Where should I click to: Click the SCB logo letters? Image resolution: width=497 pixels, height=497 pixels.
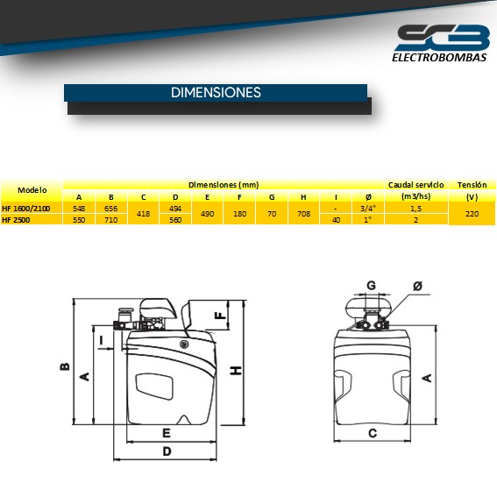(442, 38)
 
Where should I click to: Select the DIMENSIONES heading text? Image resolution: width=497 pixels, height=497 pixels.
(216, 92)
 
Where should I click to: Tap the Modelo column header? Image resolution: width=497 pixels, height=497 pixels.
(32, 189)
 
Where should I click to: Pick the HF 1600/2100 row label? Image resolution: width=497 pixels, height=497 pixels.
(26, 209)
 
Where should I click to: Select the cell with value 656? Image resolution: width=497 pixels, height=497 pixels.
(110, 209)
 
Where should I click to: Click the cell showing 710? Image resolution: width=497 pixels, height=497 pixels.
(110, 220)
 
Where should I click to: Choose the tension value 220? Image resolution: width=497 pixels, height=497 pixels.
(472, 214)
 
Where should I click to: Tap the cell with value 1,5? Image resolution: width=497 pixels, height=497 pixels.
(415, 209)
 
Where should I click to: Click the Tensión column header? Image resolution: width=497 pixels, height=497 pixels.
(472, 185)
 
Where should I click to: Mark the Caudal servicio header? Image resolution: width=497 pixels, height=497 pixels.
(415, 185)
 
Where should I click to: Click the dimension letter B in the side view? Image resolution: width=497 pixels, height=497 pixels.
(64, 367)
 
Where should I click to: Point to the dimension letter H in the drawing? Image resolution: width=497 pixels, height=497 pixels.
(236, 372)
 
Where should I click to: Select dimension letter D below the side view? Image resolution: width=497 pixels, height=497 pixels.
(167, 451)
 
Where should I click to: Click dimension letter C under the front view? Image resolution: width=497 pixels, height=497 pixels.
(372, 432)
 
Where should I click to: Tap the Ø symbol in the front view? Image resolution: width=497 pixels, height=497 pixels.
(416, 286)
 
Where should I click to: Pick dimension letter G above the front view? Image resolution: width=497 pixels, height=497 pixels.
(371, 285)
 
